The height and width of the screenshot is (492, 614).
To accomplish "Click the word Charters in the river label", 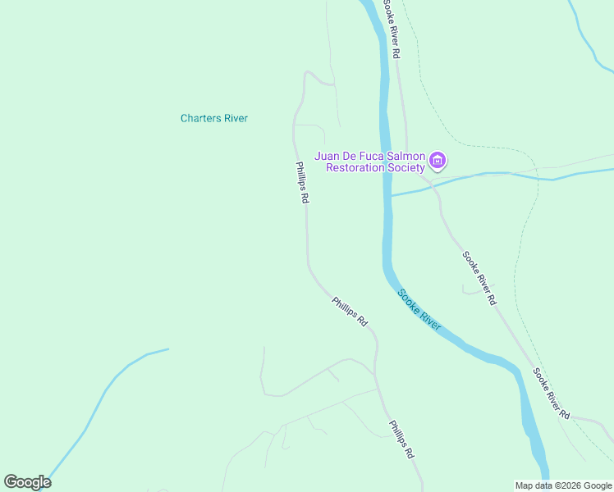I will click(201, 118).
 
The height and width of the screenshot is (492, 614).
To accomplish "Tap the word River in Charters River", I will click(236, 118).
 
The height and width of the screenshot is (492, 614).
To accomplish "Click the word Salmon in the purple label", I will click(406, 156).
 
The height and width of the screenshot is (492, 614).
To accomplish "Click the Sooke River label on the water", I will click(419, 310).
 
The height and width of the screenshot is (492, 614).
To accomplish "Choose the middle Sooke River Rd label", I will click(479, 278).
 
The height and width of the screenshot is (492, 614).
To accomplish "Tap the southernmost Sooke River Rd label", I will click(551, 394).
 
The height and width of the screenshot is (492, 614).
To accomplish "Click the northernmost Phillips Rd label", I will click(302, 182).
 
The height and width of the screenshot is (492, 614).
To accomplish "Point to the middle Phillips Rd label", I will click(350, 312).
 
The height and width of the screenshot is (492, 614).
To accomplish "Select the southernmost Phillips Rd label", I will click(401, 440).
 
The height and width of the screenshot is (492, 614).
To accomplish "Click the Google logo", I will click(27, 482).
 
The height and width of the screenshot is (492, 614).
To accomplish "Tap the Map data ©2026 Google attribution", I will click(563, 485).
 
